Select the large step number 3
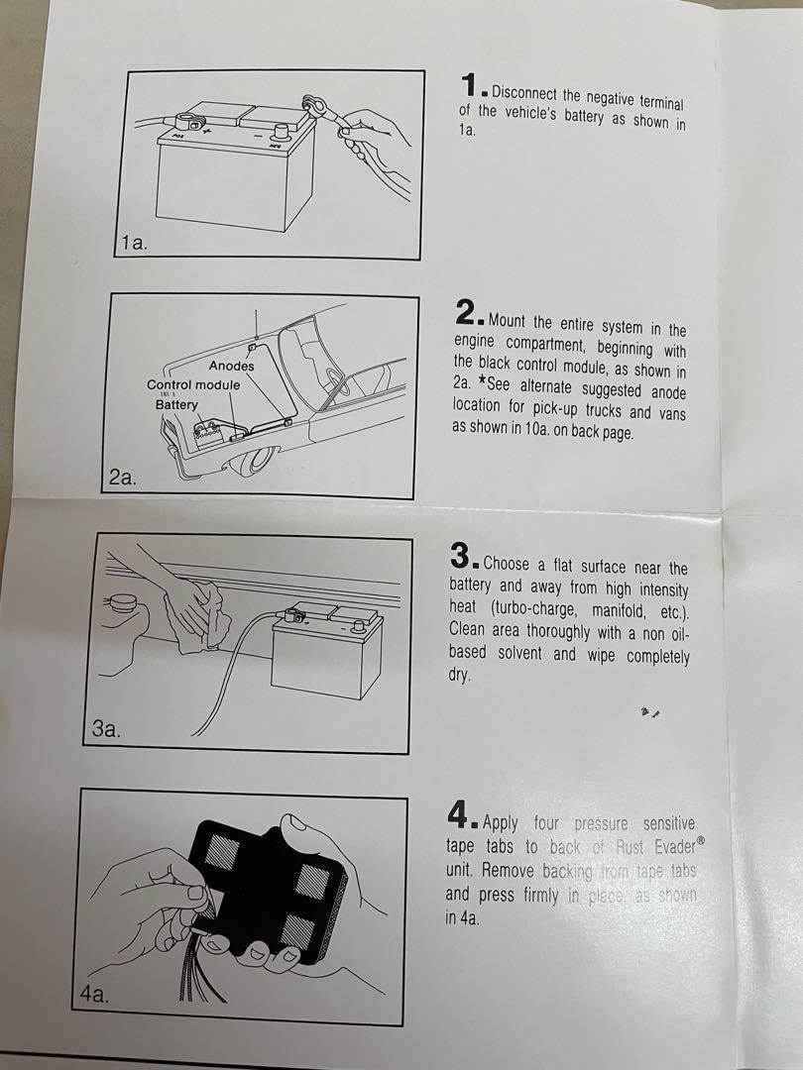462,555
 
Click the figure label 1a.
134,243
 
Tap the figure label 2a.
122,477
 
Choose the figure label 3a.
106,729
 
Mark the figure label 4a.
94,994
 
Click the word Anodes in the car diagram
231,366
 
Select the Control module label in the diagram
193,384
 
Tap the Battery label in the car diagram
176,404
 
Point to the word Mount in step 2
508,321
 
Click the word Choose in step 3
506,564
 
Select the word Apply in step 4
501,823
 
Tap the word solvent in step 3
523,653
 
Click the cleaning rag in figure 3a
198,615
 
